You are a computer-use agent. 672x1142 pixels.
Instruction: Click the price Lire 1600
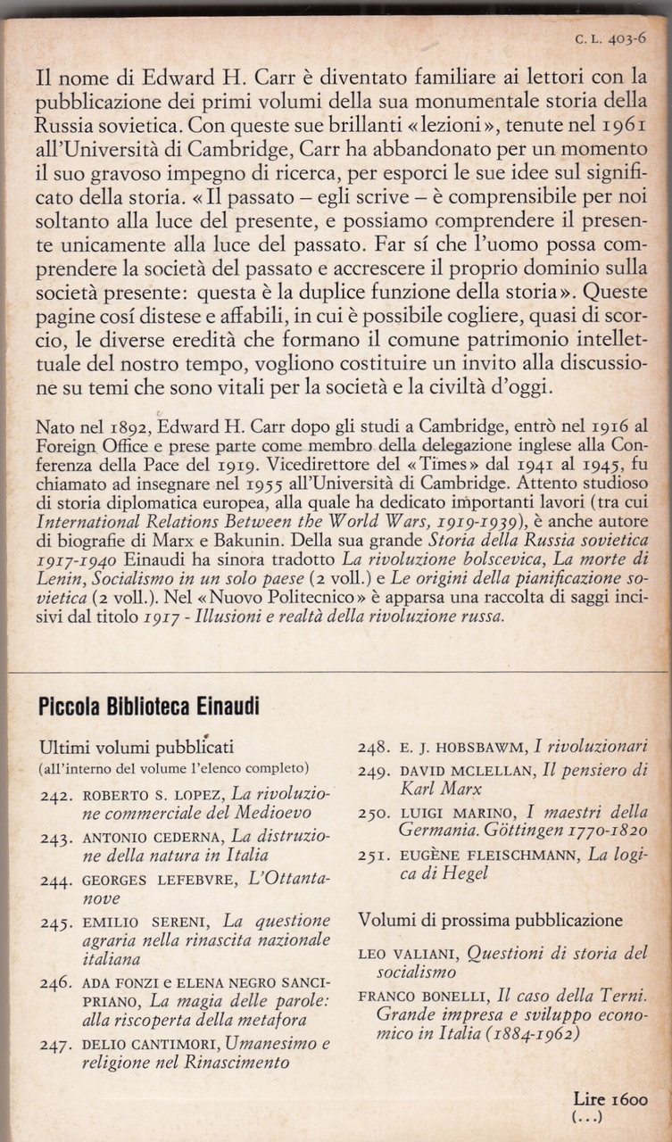tap(611, 1100)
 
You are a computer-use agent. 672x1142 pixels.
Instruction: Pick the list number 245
tap(55, 921)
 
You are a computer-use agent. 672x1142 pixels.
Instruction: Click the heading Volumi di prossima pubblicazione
tap(490, 919)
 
